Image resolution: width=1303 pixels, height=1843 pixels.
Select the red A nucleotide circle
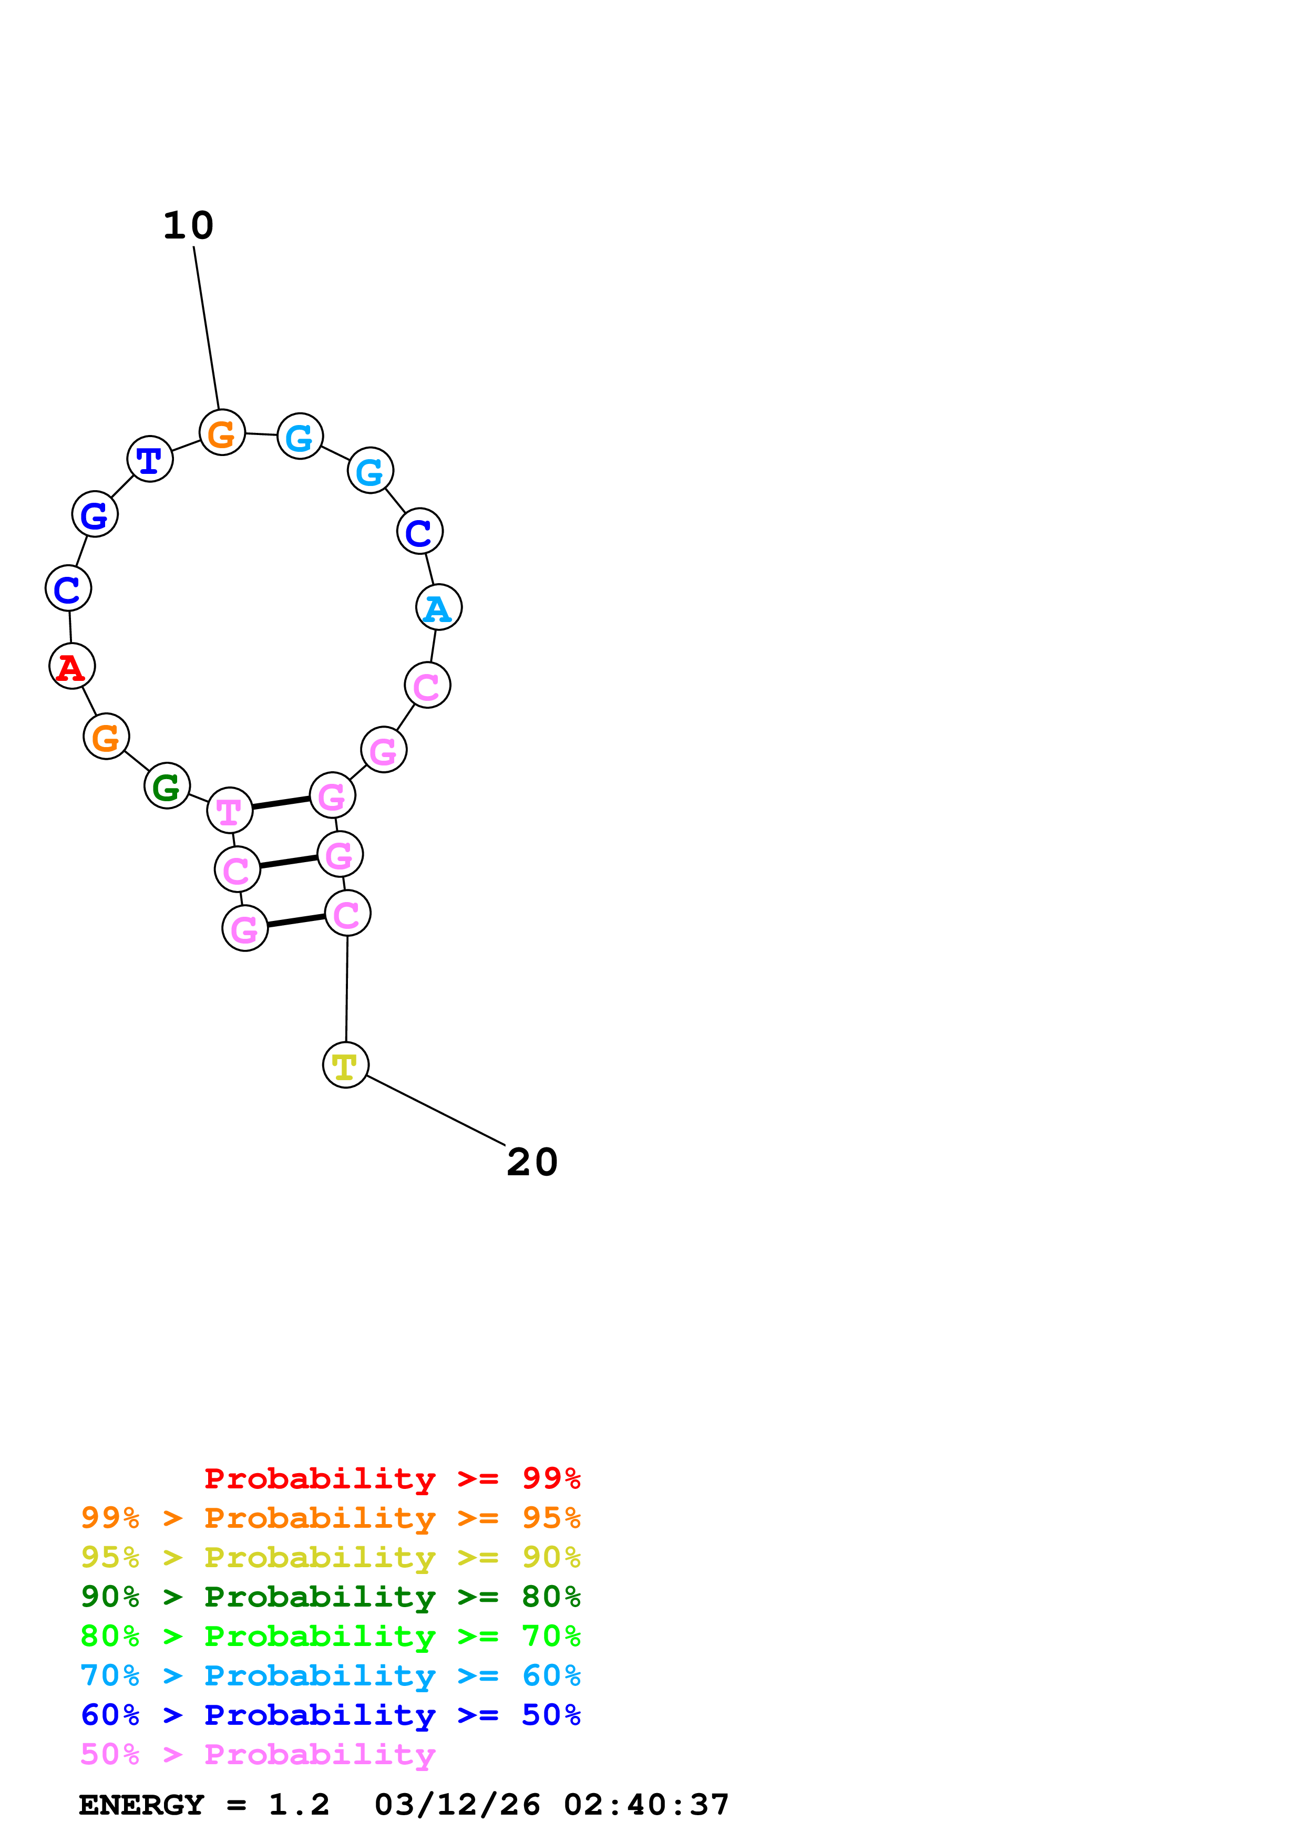point(72,666)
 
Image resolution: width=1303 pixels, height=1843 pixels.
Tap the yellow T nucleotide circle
point(345,1065)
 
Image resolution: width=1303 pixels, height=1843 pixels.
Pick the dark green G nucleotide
point(167,786)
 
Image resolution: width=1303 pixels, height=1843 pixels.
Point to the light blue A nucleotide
point(438,608)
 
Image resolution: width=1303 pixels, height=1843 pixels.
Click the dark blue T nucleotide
point(150,459)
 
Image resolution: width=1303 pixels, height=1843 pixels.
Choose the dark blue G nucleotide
point(95,514)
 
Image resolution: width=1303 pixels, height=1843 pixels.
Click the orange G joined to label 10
point(222,433)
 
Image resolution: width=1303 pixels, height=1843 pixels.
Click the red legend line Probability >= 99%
point(392,1478)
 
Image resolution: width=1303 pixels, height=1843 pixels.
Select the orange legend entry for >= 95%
point(330,1518)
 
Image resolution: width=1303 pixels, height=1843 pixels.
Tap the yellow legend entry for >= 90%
point(330,1557)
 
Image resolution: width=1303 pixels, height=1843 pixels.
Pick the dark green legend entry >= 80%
point(330,1597)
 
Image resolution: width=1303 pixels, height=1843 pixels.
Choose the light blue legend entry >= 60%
point(330,1675)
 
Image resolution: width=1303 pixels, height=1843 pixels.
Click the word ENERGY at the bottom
point(141,1805)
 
